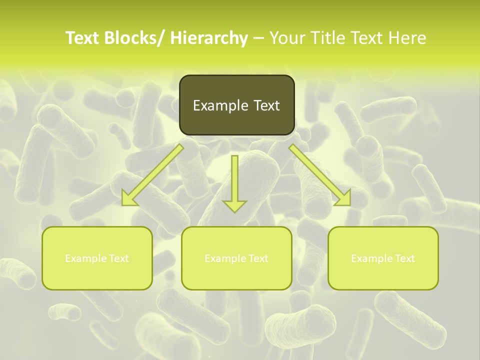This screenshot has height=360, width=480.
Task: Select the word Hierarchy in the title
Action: (x=209, y=38)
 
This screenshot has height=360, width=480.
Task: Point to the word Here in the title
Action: (x=409, y=38)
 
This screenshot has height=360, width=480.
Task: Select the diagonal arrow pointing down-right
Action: (x=320, y=175)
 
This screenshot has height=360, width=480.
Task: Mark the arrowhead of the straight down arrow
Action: (x=234, y=205)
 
